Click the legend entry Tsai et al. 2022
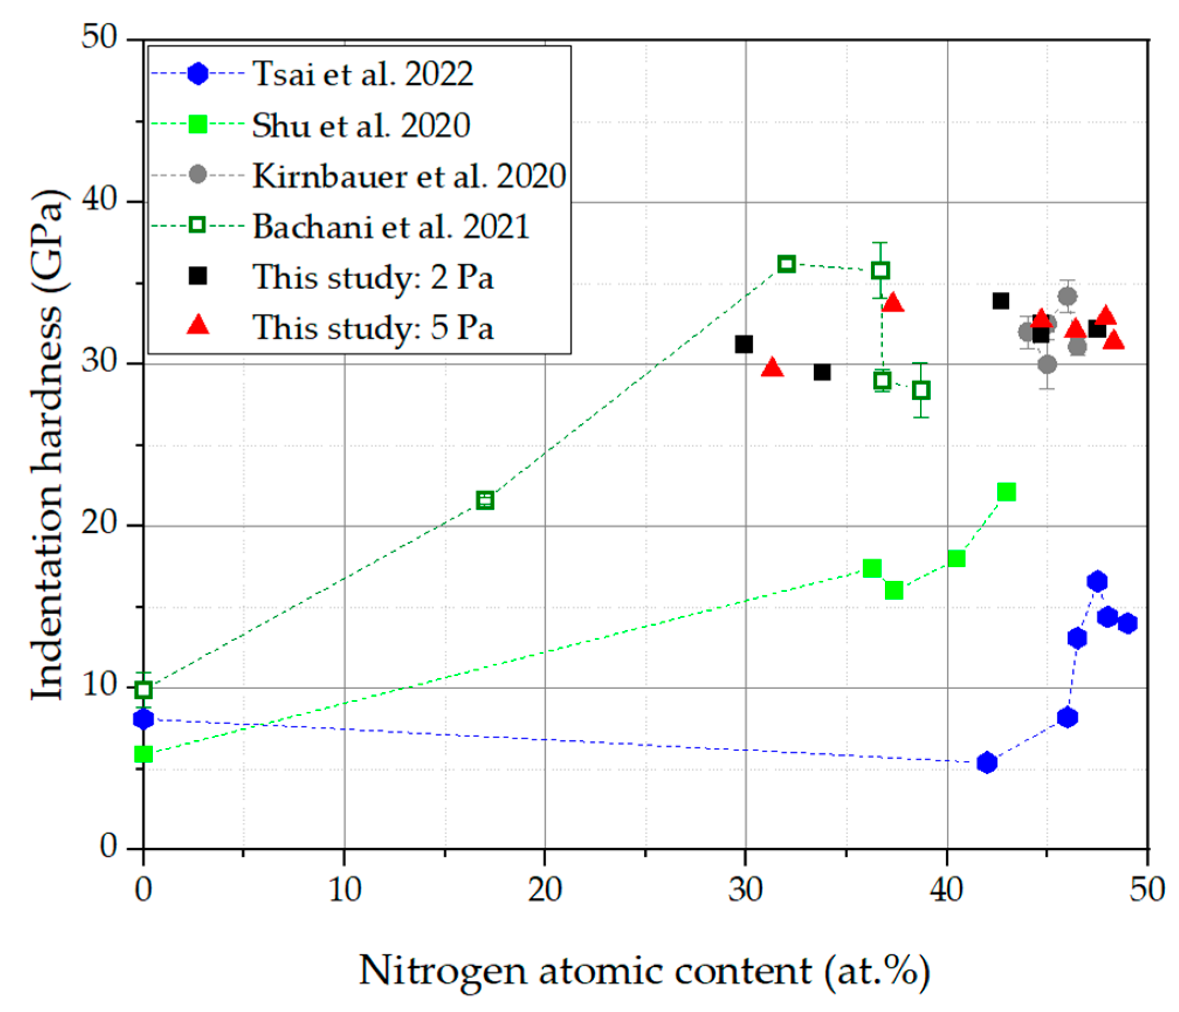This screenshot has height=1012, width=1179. coord(363,74)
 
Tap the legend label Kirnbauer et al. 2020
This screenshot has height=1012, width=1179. coord(409,176)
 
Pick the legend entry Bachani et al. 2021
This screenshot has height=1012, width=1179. coord(391,227)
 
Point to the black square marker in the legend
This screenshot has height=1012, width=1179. coord(198,276)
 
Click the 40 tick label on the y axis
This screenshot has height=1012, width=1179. coord(99,200)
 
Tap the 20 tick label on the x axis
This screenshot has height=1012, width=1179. coord(545,889)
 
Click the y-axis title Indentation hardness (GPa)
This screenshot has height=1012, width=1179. coord(48,444)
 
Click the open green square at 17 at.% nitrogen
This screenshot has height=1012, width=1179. coord(485,501)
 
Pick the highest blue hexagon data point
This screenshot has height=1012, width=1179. coord(1097,581)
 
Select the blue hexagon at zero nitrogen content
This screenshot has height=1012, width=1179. coord(143,719)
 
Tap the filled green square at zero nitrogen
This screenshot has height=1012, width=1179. coord(143,754)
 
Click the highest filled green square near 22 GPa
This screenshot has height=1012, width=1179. coord(1006,492)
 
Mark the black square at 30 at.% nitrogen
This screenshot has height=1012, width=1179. coord(744,344)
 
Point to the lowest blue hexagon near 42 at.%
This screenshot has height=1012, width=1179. coord(987,763)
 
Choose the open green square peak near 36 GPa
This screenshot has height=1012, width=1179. coord(786,264)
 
